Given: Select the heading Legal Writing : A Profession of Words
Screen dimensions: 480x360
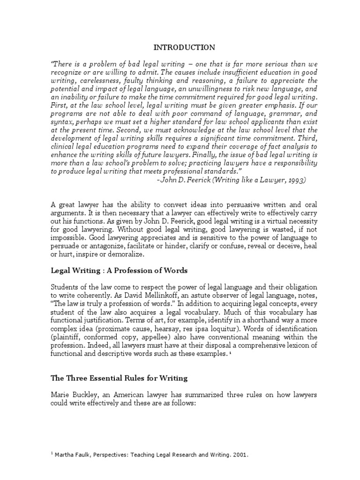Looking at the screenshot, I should click(119, 270).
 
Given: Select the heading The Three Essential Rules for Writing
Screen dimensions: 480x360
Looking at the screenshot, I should click(119, 379).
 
